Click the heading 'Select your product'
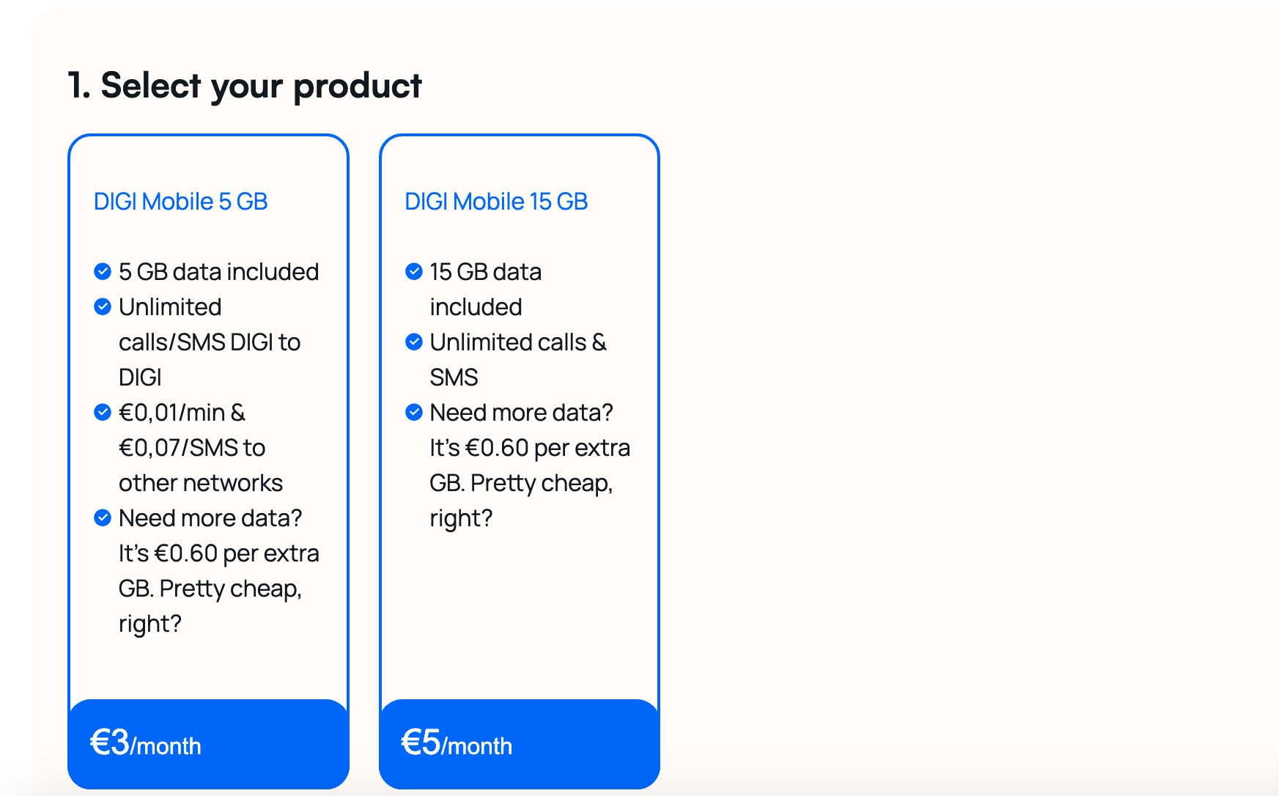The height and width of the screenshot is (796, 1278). coord(261,86)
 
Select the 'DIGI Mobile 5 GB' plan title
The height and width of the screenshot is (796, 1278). coord(181,202)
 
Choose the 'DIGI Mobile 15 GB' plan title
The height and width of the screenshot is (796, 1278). coord(496,202)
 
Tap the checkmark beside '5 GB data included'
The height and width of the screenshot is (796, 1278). coord(103,272)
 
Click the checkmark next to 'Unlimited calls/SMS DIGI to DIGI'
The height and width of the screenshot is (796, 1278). coord(103,307)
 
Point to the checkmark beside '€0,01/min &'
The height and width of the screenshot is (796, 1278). coord(103,413)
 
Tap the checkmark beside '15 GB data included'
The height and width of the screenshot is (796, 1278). coord(414,272)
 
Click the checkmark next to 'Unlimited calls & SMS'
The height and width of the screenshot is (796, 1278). coord(414,342)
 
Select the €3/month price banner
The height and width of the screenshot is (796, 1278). coord(208,744)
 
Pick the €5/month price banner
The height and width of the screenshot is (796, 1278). coord(520,744)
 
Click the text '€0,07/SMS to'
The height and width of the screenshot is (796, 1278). coord(192,448)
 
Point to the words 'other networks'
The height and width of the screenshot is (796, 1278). coord(201,483)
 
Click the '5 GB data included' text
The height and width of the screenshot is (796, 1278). coord(219,272)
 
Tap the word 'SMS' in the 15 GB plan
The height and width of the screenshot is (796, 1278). coord(454,377)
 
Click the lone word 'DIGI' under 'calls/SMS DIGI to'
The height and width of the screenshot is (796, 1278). coord(140,377)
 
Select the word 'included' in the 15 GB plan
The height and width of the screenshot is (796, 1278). coord(476,307)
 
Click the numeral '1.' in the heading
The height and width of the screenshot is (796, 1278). coord(79,86)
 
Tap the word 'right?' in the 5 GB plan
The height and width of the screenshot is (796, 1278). coord(149,624)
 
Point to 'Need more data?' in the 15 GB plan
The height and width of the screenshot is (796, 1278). coord(521,413)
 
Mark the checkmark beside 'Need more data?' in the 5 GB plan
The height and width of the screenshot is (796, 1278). coord(103,518)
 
